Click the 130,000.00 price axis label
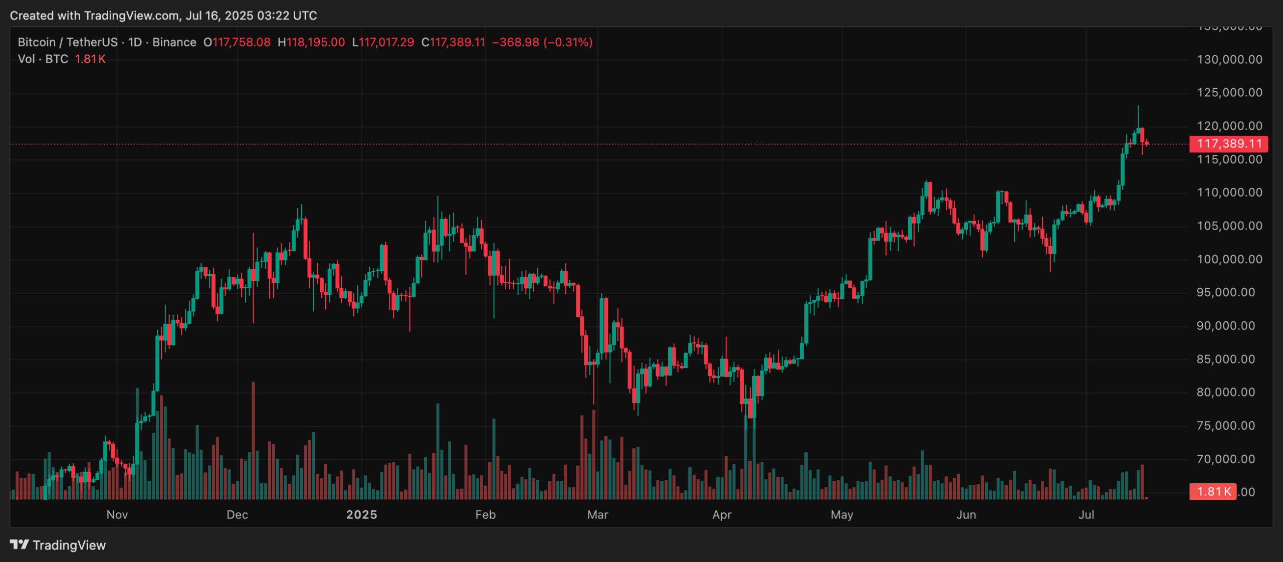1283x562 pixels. (1229, 60)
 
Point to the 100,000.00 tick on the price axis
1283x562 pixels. (1229, 259)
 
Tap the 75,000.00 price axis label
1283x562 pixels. (1229, 426)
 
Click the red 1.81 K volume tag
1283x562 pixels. (1213, 491)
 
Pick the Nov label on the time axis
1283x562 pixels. (117, 514)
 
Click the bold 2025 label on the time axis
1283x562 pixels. (361, 514)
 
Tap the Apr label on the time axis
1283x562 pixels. (722, 514)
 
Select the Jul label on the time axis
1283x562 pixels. (1086, 514)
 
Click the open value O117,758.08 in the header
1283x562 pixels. (237, 42)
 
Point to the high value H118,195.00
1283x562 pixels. (311, 42)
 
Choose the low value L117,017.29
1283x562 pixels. (383, 42)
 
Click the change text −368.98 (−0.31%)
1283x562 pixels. (542, 42)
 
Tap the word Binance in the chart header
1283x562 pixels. (174, 42)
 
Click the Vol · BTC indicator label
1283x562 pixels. (43, 59)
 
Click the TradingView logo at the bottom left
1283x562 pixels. (58, 545)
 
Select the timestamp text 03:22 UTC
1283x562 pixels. (287, 16)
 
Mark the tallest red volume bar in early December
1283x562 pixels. (253, 441)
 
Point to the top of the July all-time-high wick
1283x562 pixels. (1138, 106)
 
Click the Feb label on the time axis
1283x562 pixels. (485, 514)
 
